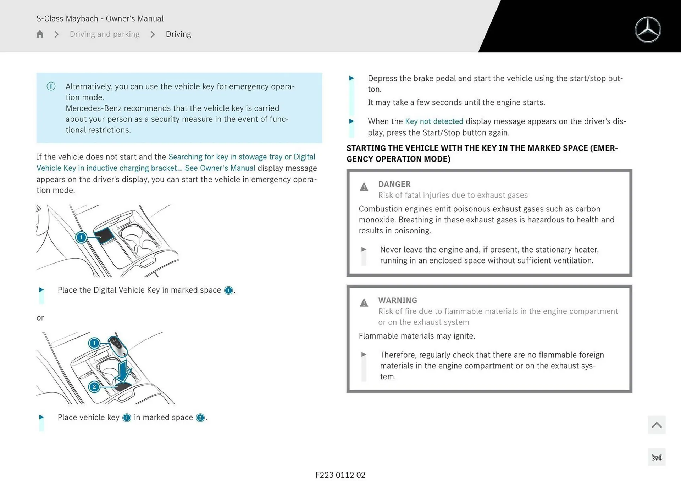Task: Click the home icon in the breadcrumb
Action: coord(40,34)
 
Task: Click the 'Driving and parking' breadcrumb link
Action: coord(105,34)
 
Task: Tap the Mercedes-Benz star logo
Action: coord(648,30)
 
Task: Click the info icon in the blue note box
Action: coord(51,86)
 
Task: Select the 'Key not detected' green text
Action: coord(434,121)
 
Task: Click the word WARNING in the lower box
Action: coord(397,300)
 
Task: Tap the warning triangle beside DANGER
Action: coord(364,187)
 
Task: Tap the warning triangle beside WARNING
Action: coord(364,303)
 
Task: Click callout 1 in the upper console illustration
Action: coord(81,237)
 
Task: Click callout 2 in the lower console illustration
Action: coord(94,387)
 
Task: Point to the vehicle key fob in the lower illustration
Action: coord(117,345)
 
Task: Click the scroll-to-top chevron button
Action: coord(656,425)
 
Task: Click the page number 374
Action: coord(656,458)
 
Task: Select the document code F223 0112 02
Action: coord(340,475)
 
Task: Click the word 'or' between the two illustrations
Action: coord(40,318)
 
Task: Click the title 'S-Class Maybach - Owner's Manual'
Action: coord(100,18)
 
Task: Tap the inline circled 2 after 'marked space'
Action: coord(200,418)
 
